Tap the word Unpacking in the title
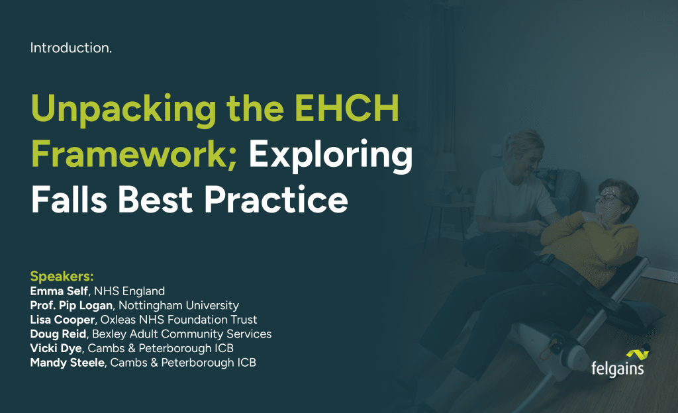tap(123, 110)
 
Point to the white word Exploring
tap(330, 156)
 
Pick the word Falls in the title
tap(69, 199)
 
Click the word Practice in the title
tap(276, 199)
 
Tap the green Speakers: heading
tap(62, 277)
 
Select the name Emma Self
tap(59, 291)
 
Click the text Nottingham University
tap(179, 305)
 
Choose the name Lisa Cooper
tap(62, 320)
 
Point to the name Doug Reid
tap(58, 334)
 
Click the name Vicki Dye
tap(56, 348)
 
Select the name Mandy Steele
tap(67, 363)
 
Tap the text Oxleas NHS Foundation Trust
tap(179, 320)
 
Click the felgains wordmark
tap(618, 369)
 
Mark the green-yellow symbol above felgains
tap(638, 355)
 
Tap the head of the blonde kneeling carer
tap(524, 150)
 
